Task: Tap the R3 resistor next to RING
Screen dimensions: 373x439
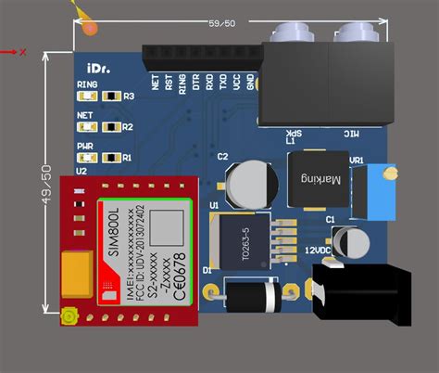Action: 112,96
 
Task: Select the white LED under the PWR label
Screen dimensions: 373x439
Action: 87,158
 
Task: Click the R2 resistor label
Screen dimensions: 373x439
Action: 128,127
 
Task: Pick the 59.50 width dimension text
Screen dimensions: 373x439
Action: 221,23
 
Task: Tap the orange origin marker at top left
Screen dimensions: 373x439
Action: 89,27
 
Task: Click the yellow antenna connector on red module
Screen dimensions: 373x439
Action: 69,318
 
